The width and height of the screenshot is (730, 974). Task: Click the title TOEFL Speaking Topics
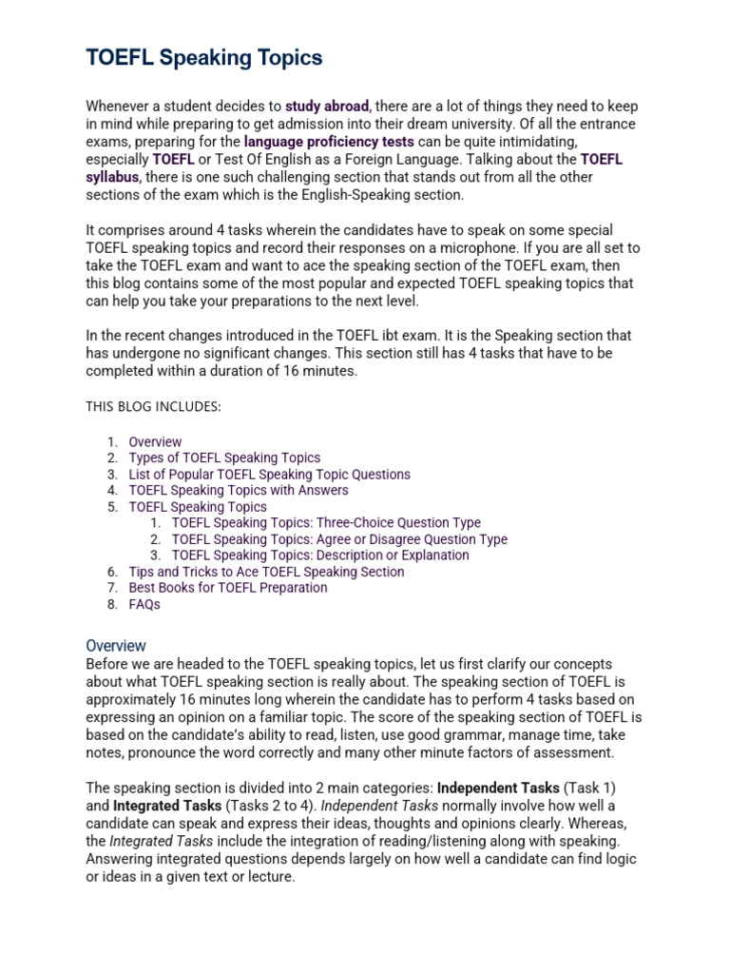click(204, 58)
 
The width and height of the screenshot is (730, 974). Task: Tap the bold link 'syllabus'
click(112, 177)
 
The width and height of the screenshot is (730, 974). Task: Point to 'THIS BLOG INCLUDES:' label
click(153, 407)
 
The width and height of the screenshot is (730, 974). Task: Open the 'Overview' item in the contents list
click(155, 441)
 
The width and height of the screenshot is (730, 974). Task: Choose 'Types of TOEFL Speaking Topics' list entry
click(224, 458)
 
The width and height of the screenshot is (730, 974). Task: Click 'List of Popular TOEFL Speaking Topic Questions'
click(269, 474)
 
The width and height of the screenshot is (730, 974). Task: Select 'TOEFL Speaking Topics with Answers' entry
click(238, 490)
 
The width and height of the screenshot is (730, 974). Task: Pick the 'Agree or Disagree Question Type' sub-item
click(339, 539)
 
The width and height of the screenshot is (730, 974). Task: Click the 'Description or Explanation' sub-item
click(320, 555)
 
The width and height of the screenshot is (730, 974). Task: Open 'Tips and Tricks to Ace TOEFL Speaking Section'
click(266, 572)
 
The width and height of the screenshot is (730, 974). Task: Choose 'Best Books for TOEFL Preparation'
click(227, 588)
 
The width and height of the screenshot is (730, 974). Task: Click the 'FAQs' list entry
click(144, 604)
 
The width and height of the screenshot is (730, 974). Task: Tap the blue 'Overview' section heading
click(116, 645)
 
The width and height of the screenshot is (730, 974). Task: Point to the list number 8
click(111, 604)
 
